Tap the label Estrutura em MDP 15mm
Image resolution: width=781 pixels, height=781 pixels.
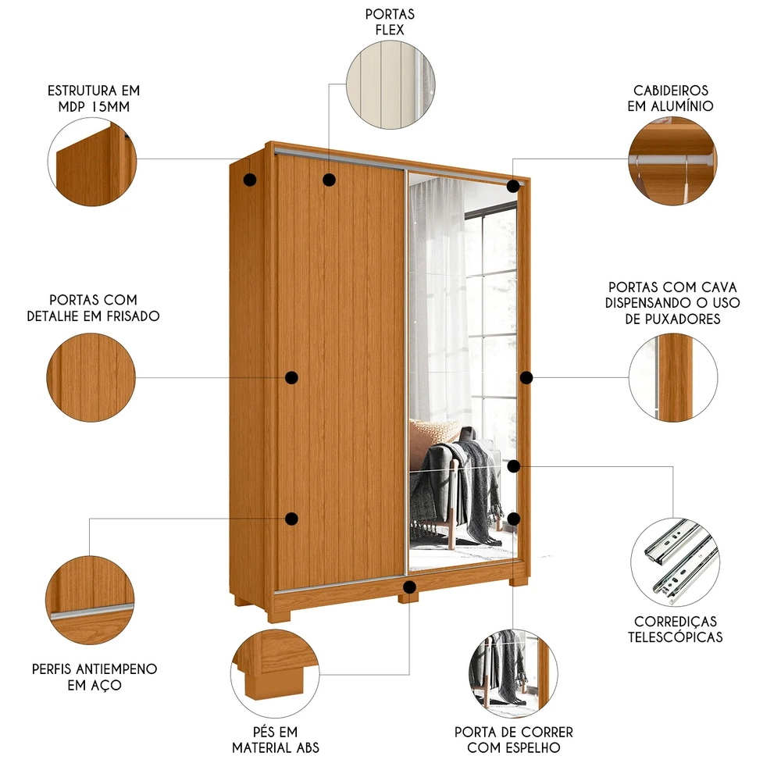[93, 98]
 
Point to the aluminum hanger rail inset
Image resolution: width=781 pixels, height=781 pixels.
[672, 162]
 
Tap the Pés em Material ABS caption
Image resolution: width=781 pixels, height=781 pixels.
[276, 740]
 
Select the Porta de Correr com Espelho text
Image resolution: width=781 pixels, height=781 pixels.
[513, 740]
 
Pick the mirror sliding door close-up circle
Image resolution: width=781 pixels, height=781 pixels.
[513, 673]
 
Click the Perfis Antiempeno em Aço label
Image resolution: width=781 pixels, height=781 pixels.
[95, 677]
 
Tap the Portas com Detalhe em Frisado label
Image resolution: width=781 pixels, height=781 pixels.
[93, 308]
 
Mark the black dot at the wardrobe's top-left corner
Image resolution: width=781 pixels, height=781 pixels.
[250, 180]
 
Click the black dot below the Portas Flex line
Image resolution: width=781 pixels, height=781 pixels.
[329, 180]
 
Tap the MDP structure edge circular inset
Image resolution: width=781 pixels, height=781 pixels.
[91, 162]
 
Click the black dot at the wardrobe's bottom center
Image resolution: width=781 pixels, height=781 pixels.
[409, 586]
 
